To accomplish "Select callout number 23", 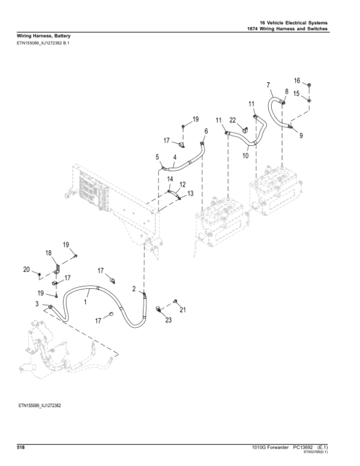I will coord(168,320).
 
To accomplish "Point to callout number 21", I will coord(183,310).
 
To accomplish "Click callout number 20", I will coord(26,270).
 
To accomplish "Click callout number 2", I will coord(134,289).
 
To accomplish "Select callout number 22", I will coord(233,120).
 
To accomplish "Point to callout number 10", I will coord(245,156).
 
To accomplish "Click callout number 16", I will coord(296,80).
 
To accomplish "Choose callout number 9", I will coord(301,136).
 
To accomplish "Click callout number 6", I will coord(206,131).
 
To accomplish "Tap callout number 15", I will coord(296,93).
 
